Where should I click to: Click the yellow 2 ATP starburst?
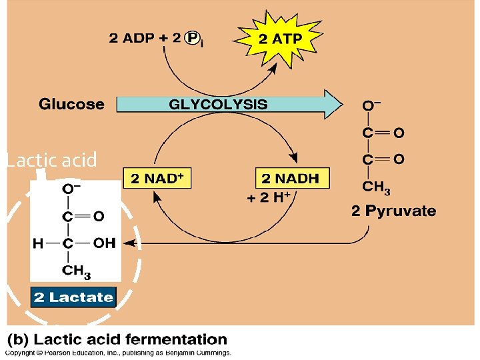[280, 39]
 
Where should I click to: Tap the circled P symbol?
[193, 38]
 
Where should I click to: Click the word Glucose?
[71, 104]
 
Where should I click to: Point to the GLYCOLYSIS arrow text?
[218, 104]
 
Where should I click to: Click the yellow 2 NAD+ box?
[157, 179]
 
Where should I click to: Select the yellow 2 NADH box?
[291, 179]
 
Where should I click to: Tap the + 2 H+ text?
[269, 198]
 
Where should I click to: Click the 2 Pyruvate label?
[393, 211]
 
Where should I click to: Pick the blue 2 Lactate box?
[74, 297]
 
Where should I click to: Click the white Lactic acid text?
[51, 161]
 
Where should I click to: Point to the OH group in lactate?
[104, 243]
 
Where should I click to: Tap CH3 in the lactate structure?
[77, 271]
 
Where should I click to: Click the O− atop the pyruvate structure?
[371, 105]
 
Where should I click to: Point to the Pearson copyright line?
[119, 353]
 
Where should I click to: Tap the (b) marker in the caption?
[19, 340]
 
